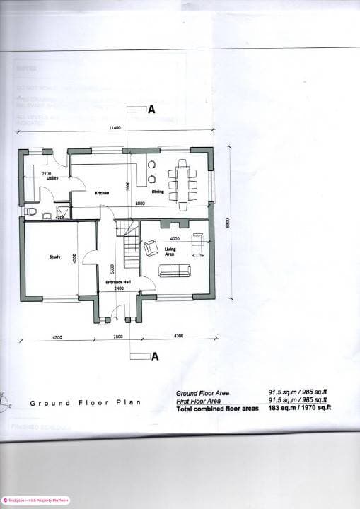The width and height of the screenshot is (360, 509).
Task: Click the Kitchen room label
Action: (101, 193)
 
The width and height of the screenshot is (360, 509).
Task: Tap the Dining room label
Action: (158, 192)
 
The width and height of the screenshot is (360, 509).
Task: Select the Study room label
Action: (54, 257)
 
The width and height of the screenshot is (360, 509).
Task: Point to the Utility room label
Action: (52, 179)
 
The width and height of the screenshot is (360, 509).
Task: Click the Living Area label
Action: (170, 252)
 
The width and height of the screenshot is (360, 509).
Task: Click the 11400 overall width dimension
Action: (113, 128)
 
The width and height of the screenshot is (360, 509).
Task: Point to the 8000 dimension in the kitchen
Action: (140, 204)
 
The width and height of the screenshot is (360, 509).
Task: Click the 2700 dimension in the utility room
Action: (46, 173)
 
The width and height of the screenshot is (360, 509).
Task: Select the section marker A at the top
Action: (151, 110)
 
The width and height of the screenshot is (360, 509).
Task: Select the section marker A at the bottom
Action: (155, 356)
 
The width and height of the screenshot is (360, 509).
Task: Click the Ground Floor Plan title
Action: (85, 403)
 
